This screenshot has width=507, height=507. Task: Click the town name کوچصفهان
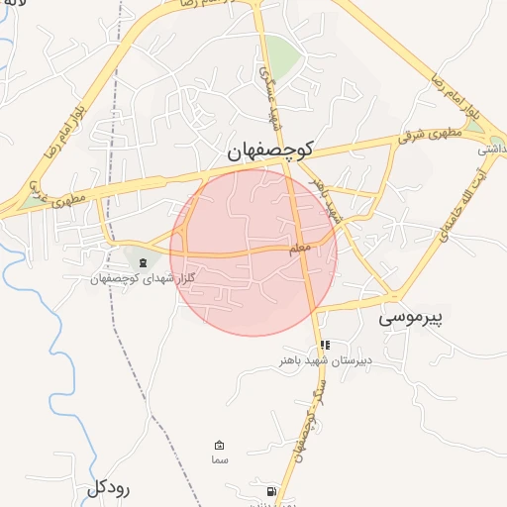(x=268, y=151)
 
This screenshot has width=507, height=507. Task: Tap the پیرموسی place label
(x=413, y=318)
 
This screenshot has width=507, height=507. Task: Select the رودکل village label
(x=109, y=487)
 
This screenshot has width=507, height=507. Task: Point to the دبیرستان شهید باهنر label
(x=325, y=361)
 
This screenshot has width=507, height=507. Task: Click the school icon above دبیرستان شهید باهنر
(x=324, y=346)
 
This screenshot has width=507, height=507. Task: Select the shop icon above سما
(x=220, y=446)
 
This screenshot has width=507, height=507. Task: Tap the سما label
(x=220, y=460)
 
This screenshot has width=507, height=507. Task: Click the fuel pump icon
(x=270, y=491)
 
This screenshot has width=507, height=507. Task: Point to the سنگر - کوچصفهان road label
(x=305, y=432)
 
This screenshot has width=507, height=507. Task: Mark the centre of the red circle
(x=253, y=252)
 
